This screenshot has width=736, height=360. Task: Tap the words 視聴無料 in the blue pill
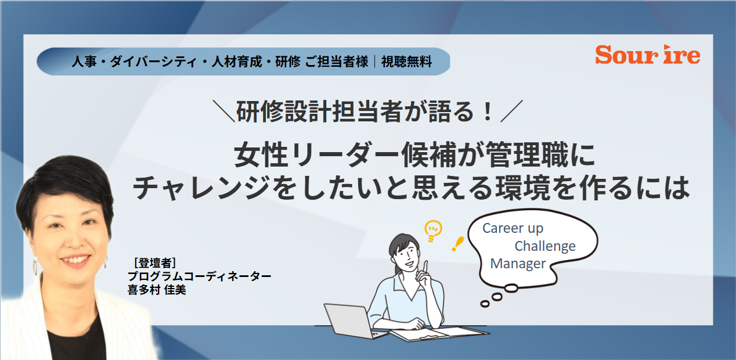(406, 62)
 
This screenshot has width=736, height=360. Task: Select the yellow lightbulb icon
(433, 231)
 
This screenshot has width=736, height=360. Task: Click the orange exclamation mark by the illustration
(457, 244)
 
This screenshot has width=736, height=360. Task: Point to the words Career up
(513, 229)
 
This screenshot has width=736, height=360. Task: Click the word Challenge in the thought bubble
(545, 246)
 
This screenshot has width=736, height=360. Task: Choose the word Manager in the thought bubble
(518, 264)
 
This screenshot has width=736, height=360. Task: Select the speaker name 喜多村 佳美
(157, 290)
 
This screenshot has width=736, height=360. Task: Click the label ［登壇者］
(154, 262)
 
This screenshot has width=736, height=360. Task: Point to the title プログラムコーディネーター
(200, 276)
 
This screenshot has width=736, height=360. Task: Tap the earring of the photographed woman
(35, 265)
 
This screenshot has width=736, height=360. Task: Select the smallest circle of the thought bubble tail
(485, 304)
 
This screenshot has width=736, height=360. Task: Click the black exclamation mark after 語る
(488, 111)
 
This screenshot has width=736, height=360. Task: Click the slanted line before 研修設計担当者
(224, 111)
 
